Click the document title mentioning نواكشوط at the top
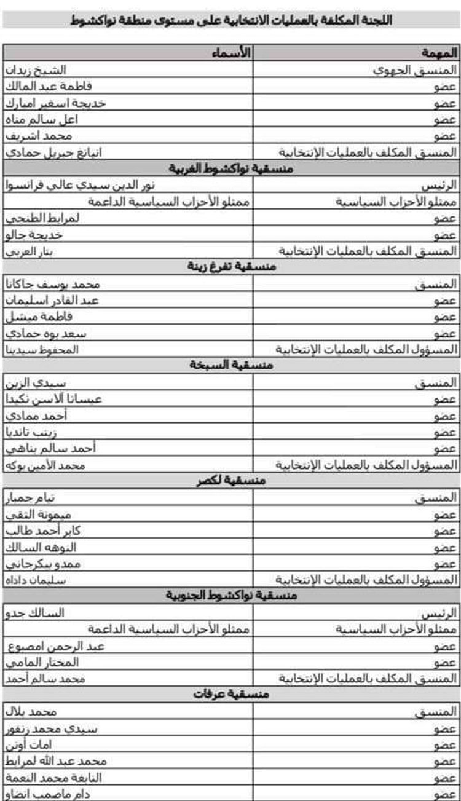click(x=232, y=20)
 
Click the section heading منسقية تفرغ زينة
click(x=232, y=267)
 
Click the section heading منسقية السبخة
click(x=232, y=366)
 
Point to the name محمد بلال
click(x=31, y=711)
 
